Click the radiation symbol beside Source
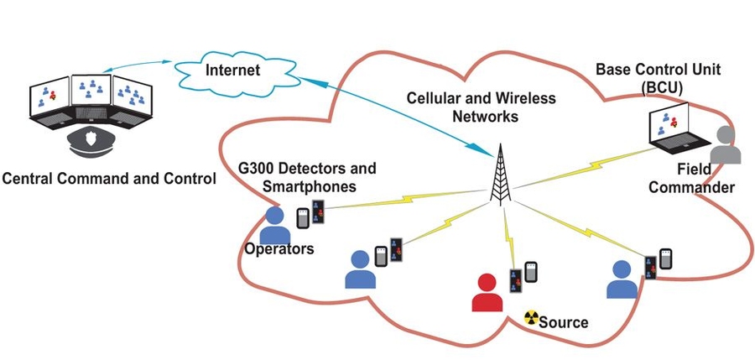pos(530,317)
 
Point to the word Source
pos(564,321)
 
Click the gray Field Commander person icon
pos(725,146)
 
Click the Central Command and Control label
pos(109,178)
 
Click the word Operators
pos(279,248)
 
